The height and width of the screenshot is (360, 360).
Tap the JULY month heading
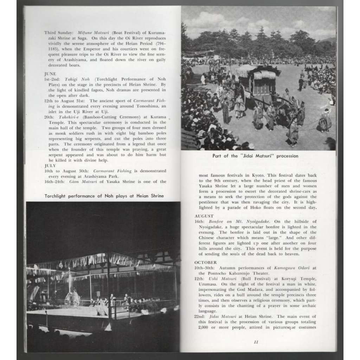pos(50,165)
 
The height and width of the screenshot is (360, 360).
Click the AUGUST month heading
pos(204,216)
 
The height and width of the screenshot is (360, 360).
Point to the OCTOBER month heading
pos(206,262)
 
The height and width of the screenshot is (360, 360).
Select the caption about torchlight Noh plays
pos(104,196)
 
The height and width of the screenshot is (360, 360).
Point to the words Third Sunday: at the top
pos(58,32)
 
